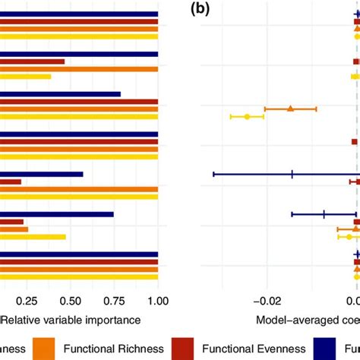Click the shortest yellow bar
(x=25, y=76)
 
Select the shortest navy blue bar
(x=41, y=174)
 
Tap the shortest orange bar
(x=14, y=229)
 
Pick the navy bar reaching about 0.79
(x=60, y=94)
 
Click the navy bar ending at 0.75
(x=57, y=214)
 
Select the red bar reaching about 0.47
(x=32, y=62)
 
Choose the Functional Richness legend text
(x=113, y=349)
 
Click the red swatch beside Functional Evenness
(x=185, y=349)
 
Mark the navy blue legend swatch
(x=328, y=349)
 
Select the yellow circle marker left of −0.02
(x=247, y=116)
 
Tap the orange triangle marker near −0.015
(x=290, y=109)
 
